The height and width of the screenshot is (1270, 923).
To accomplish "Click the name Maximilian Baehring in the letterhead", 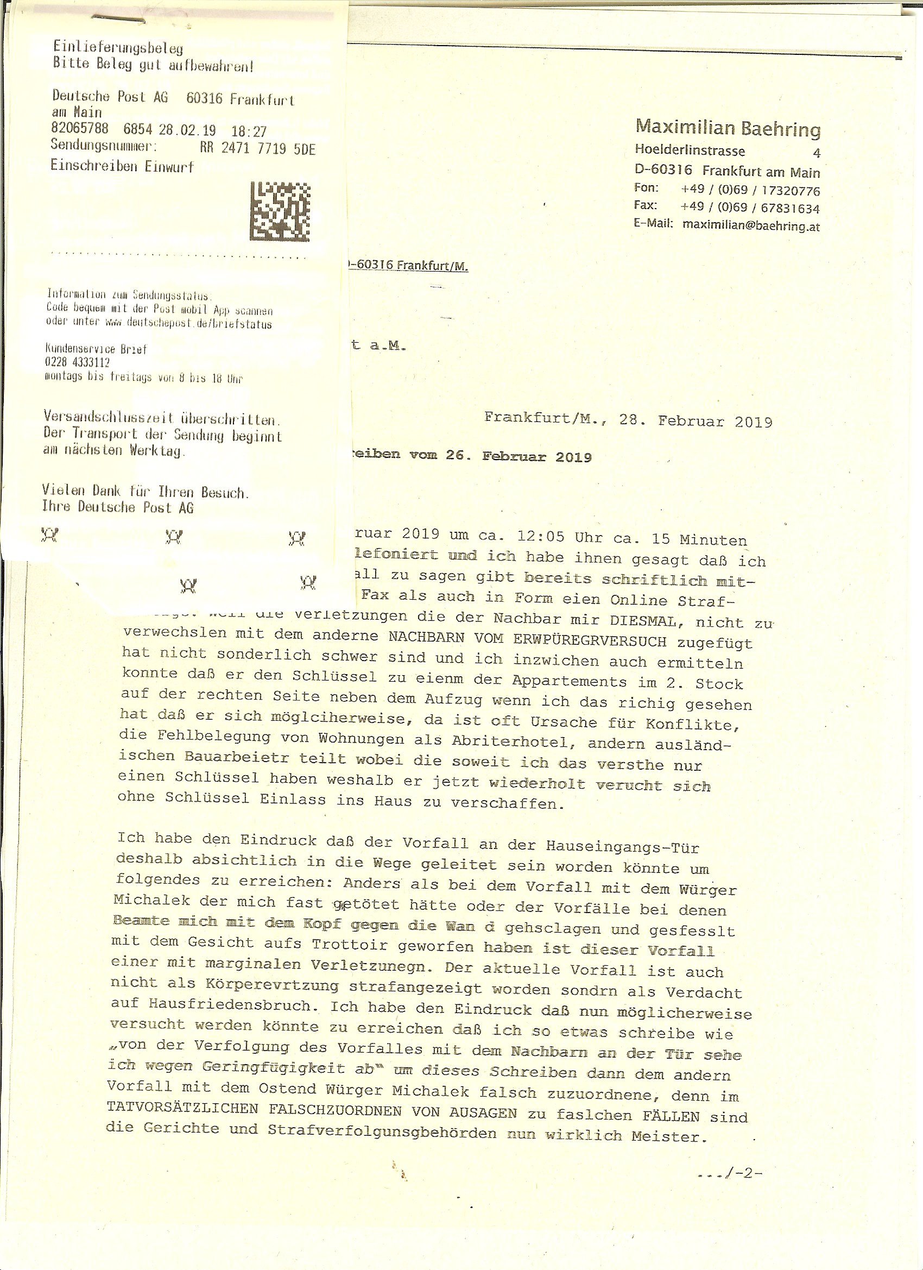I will [728, 128].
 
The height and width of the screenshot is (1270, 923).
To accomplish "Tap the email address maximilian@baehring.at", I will [751, 225].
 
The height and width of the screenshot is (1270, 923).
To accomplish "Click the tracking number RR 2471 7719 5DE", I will [257, 148].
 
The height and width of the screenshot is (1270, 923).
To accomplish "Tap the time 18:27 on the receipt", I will [249, 131].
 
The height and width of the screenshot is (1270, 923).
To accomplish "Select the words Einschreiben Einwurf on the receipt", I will [122, 166].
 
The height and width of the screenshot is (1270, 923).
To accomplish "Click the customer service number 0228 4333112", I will [77, 362].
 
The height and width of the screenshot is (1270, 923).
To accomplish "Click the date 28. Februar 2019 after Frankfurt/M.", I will [696, 420].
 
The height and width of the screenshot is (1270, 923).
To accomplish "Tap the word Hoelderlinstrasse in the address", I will [690, 150].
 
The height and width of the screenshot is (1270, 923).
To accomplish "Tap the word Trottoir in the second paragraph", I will [350, 944].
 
